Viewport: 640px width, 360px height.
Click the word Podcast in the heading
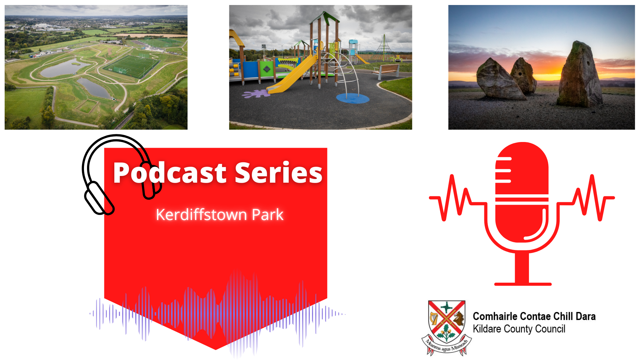170,173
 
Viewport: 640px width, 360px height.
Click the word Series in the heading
279,173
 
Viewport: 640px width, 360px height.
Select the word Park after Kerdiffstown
268,214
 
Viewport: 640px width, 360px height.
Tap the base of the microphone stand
523,284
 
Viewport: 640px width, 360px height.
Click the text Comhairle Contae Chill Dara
534,316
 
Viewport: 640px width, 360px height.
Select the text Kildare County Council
519,329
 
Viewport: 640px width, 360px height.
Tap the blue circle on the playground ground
352,98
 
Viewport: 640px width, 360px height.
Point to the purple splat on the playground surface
256,94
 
